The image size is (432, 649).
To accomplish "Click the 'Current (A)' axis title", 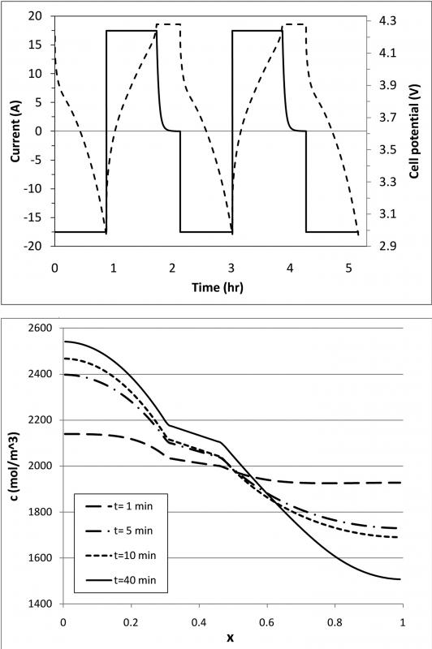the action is click(x=15, y=131).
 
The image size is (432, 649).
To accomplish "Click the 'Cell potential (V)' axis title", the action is click(x=414, y=131).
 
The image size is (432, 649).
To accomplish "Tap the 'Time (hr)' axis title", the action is click(x=218, y=287).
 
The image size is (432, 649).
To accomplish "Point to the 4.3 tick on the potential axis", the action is click(x=387, y=21).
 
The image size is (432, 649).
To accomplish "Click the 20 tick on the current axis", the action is click(x=35, y=15).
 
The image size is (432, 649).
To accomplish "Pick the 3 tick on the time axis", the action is click(x=231, y=269).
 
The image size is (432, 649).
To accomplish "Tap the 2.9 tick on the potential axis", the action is click(x=387, y=247).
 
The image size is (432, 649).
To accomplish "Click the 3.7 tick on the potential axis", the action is click(x=387, y=118).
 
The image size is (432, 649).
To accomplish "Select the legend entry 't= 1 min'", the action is click(x=119, y=506).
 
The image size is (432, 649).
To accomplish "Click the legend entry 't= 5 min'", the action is click(x=119, y=531).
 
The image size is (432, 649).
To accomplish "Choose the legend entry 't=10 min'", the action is click(x=121, y=556).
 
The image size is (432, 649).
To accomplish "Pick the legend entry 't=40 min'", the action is click(x=121, y=580).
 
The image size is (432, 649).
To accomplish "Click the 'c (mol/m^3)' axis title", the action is click(x=15, y=466).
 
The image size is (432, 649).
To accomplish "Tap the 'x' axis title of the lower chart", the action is click(x=231, y=638).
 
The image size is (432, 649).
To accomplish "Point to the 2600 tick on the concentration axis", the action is click(x=39, y=329).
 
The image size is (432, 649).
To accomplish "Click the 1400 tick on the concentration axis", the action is click(x=39, y=604).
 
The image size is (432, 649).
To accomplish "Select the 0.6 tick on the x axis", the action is click(x=267, y=622).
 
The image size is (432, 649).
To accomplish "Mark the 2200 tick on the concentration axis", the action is click(x=39, y=420).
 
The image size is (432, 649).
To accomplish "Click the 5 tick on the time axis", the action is click(x=348, y=269).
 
